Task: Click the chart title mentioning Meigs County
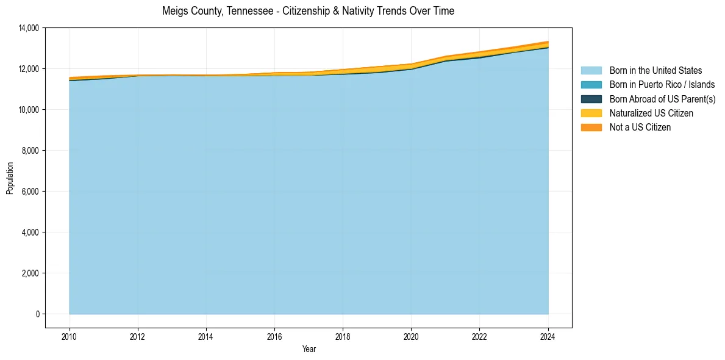coord(308,11)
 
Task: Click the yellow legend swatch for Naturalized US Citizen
coord(591,113)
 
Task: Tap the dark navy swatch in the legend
coord(591,99)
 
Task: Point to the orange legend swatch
coord(591,128)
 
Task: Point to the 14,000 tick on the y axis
coord(29,28)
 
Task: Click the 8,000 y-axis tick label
coord(30,151)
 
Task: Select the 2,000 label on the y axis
coord(30,273)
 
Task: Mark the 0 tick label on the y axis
coord(37,314)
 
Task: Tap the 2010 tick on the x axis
coord(70,336)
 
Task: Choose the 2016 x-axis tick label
coord(274,336)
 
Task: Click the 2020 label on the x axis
coord(411,336)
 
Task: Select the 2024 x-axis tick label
coord(548,336)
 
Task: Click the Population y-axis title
coord(10,178)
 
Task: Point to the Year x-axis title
coord(309,349)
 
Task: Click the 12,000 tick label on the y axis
coord(29,69)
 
